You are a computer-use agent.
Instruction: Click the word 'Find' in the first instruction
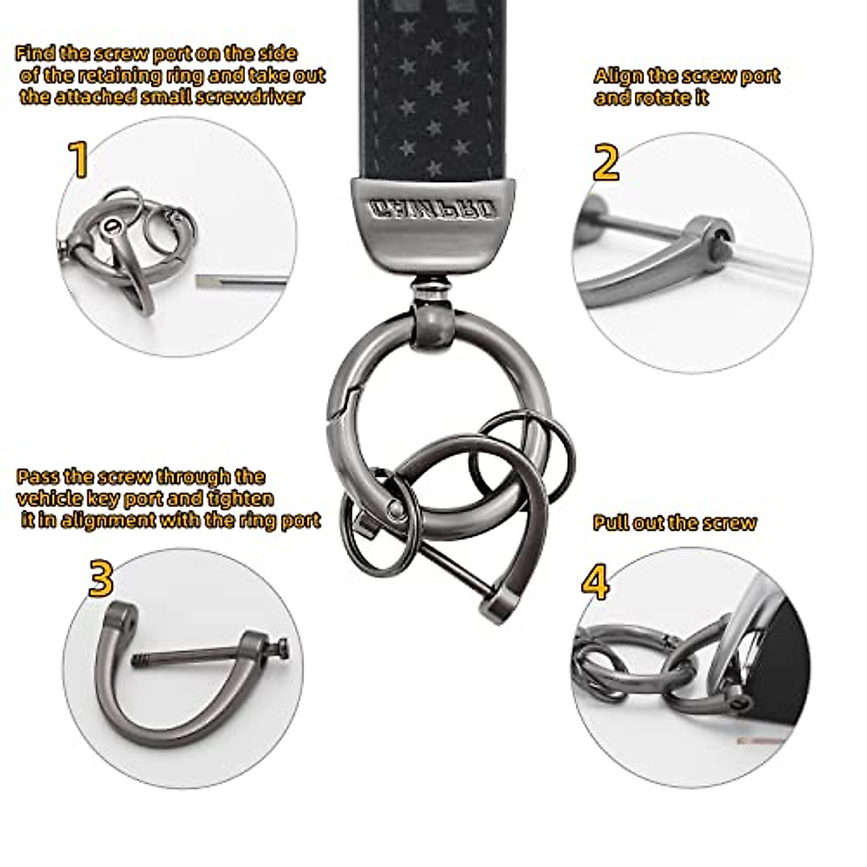(34, 53)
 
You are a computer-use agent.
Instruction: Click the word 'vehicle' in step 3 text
(48, 499)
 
